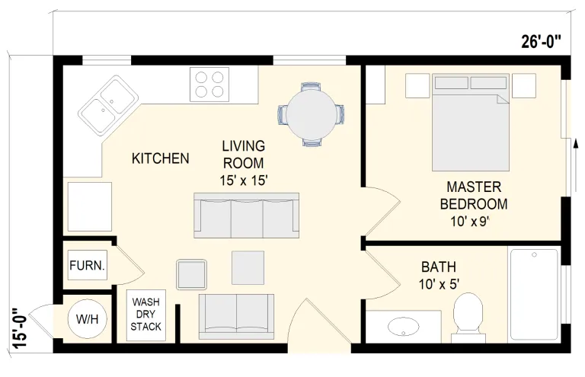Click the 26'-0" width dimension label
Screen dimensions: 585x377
click(x=541, y=41)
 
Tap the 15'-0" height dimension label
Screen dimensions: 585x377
click(x=20, y=328)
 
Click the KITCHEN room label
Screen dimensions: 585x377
click(x=161, y=158)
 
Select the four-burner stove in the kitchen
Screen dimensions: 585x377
click(x=209, y=85)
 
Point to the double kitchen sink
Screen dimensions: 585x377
click(x=108, y=106)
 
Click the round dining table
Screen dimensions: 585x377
click(x=311, y=113)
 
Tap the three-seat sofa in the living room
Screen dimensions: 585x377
click(x=246, y=216)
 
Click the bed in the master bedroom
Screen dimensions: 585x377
click(x=471, y=123)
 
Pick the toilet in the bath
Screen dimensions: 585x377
click(x=468, y=317)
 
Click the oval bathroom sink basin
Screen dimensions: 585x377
click(x=403, y=326)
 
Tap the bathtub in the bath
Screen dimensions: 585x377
click(x=534, y=295)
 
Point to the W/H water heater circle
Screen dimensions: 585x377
click(x=88, y=319)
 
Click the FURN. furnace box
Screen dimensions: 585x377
click(x=88, y=265)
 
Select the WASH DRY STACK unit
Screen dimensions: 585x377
click(x=146, y=315)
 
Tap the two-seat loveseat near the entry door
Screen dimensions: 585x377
click(x=236, y=317)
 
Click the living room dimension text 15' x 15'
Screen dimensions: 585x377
click(x=244, y=181)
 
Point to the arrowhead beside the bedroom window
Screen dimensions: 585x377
click(x=576, y=143)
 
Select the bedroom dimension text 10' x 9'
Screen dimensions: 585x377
click(x=470, y=222)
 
